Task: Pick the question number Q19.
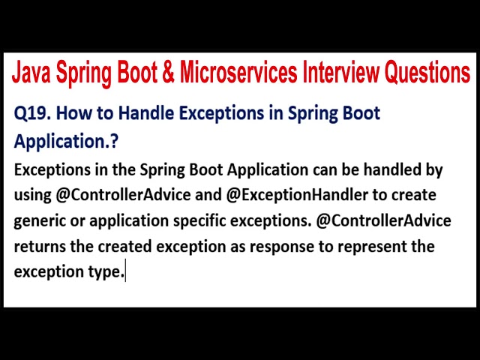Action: coord(32,114)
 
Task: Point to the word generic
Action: coord(41,221)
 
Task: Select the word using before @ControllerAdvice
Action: coord(32,195)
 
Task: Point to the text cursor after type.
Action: coord(126,272)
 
